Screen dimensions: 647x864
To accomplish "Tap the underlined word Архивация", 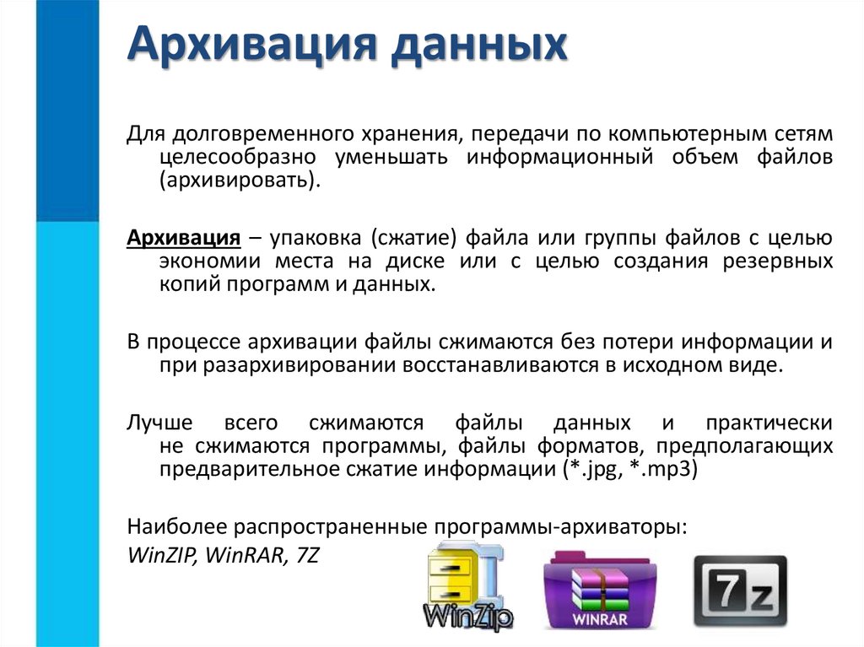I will (179, 236).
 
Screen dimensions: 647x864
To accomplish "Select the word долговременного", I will (239, 134).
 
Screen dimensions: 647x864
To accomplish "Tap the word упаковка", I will (323, 236).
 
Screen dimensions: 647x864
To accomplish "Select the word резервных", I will (778, 260).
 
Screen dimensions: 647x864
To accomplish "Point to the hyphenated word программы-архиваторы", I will (561, 527).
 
